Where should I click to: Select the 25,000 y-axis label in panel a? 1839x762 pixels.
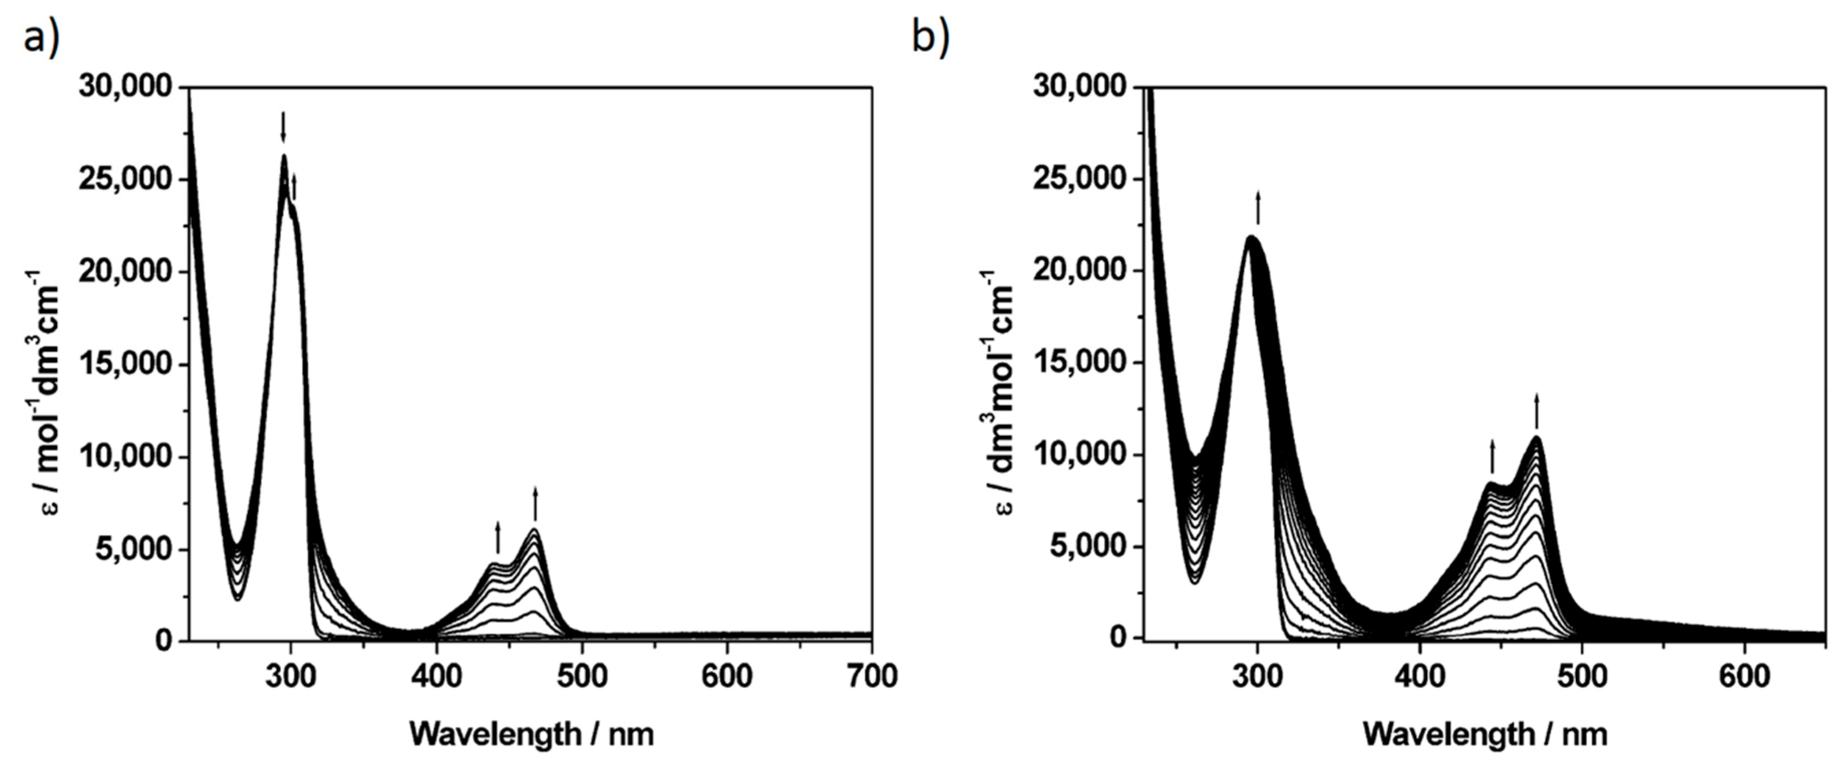coord(126,179)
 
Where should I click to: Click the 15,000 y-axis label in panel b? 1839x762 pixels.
coord(1079,362)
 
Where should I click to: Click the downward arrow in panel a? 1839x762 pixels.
coord(283,126)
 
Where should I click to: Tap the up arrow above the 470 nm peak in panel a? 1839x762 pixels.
coord(535,504)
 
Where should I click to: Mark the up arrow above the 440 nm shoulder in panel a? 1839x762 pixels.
coord(497,537)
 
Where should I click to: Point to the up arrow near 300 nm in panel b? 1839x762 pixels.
coord(1258,208)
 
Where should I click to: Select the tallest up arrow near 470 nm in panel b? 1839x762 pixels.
coord(1537,411)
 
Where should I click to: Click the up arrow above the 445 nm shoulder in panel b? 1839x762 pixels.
coord(1492,457)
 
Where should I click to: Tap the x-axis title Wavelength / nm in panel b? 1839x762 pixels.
coord(1485,733)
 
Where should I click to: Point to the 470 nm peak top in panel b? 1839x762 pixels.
coord(1536,438)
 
